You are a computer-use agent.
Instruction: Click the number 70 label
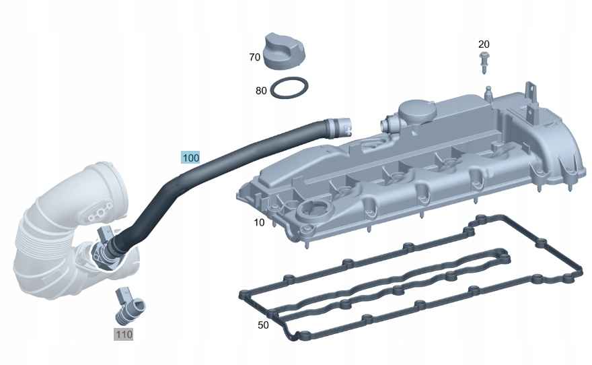(x=254, y=57)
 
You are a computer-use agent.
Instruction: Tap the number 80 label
(x=261, y=90)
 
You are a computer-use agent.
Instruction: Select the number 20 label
(x=484, y=44)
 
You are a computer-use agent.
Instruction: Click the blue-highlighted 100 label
(x=190, y=158)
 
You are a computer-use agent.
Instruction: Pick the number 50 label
(x=264, y=325)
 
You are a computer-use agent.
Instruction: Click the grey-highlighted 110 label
(x=123, y=333)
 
